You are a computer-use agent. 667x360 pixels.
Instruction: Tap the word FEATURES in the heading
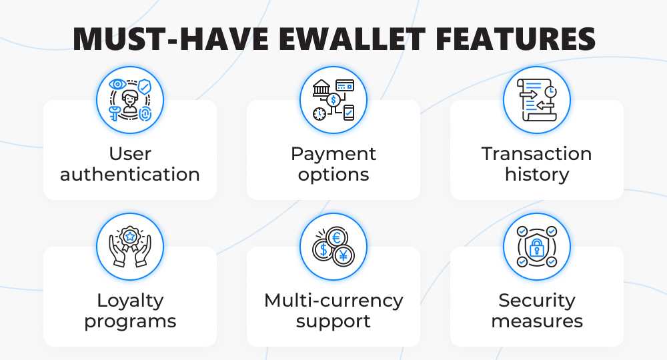coord(516,39)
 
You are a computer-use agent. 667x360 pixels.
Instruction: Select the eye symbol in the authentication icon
coord(117,84)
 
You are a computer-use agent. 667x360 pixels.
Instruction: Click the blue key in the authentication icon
coord(115,113)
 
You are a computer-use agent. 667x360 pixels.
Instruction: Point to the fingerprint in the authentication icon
coord(145,113)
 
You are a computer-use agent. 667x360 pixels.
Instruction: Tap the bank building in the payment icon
coord(321,88)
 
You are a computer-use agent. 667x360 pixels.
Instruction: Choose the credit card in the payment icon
coord(345,85)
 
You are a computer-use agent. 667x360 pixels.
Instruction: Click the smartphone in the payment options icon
coord(349,113)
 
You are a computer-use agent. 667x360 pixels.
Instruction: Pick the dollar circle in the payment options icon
coord(333,100)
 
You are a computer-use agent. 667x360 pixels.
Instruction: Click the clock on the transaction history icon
coord(551,91)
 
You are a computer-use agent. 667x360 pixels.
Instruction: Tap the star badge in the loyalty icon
coord(130,236)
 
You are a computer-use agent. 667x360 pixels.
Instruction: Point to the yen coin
coord(344,255)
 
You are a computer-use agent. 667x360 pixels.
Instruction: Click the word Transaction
coord(536,153)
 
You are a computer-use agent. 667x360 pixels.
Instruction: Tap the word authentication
coord(130,174)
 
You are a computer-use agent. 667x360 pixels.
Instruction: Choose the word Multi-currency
coord(333,301)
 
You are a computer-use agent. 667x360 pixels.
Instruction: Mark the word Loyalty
coord(130,301)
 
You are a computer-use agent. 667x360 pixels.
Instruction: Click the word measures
coord(537,321)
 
